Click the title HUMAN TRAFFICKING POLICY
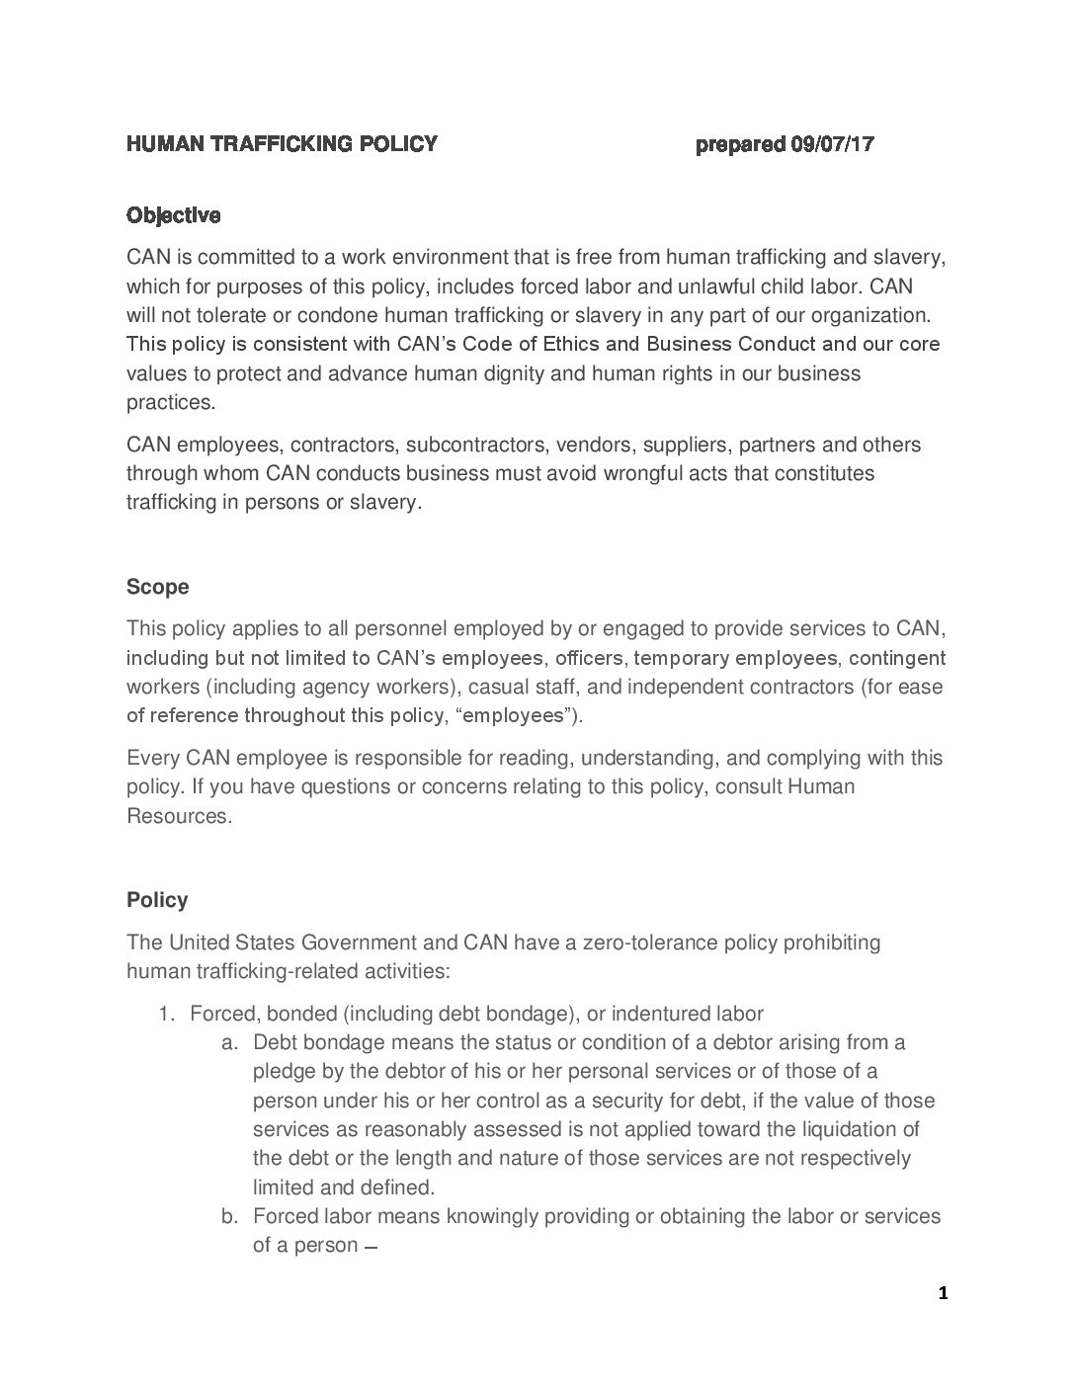pyautogui.click(x=282, y=144)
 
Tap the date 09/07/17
pyautogui.click(x=832, y=144)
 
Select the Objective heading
pyautogui.click(x=173, y=215)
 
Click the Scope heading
pyautogui.click(x=157, y=587)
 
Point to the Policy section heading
pyautogui.click(x=157, y=900)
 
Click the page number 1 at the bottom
pyautogui.click(x=943, y=1292)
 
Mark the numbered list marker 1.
pyautogui.click(x=166, y=1013)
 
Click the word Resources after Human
pyautogui.click(x=178, y=816)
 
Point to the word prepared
pyautogui.click(x=740, y=144)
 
